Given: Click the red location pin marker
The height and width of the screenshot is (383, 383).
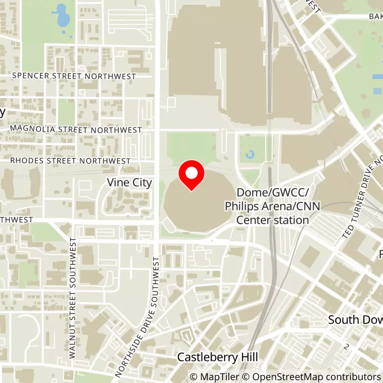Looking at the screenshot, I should (191, 175).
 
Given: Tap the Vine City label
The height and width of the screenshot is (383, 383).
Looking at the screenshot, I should (129, 182).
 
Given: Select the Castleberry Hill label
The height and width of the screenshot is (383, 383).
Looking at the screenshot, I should (217, 357).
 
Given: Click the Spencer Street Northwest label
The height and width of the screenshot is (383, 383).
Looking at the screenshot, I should (74, 76).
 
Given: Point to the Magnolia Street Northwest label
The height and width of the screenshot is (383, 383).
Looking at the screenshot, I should (76, 130).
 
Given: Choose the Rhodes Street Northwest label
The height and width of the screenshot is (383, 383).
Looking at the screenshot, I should (70, 161).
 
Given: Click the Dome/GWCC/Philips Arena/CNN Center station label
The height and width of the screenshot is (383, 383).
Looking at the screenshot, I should (273, 206).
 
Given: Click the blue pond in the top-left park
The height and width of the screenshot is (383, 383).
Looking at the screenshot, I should (62, 16).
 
